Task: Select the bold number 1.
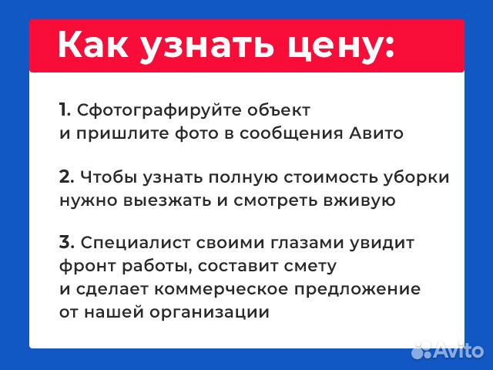pos(65,109)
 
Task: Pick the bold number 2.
pos(66,177)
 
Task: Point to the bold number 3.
pos(66,244)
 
